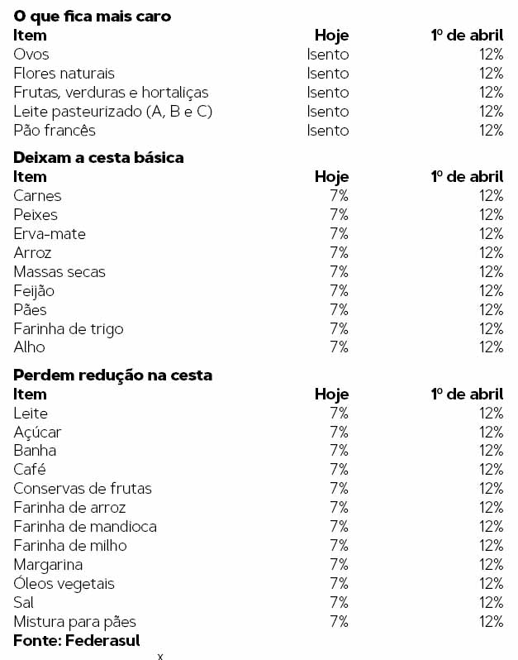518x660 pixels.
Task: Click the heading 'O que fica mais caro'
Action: tap(93, 16)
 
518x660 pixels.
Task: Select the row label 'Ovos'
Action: tap(31, 55)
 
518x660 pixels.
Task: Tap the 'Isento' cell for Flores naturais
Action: tap(328, 74)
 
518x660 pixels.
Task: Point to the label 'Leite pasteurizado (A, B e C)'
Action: tap(113, 112)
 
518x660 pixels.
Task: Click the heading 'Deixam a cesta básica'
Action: tap(98, 157)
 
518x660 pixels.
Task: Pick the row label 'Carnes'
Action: tap(37, 196)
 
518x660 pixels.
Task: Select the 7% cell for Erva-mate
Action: tap(339, 234)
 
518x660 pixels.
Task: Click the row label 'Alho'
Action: tap(29, 347)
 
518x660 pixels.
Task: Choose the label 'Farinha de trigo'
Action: tap(69, 329)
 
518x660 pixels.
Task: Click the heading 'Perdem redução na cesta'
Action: tap(112, 375)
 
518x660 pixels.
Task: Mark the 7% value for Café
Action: tap(339, 470)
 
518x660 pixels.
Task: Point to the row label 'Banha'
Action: tap(35, 451)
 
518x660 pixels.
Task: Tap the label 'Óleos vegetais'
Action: tap(64, 584)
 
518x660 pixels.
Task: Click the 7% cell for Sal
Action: tap(339, 603)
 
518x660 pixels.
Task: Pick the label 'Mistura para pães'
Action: tap(74, 621)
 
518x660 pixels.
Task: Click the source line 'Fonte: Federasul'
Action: tap(76, 641)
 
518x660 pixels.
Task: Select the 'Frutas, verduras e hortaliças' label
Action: tap(111, 93)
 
